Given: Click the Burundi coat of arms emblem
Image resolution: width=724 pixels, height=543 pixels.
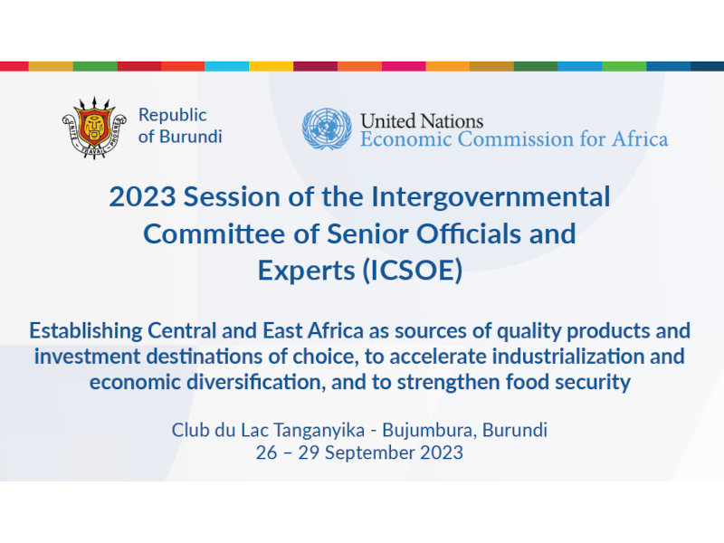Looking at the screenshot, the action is pos(94,128).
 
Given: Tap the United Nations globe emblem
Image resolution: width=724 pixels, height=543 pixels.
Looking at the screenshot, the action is pos(327,129).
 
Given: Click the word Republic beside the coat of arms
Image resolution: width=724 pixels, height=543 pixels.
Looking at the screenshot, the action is pos(172,116).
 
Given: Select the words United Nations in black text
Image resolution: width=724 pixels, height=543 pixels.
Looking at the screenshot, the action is pos(422,121).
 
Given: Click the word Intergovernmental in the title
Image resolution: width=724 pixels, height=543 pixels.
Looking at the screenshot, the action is pos(491,197).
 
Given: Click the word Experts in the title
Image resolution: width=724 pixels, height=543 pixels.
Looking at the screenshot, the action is pos(306,271).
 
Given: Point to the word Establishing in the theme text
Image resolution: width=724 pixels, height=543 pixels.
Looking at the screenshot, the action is pos(86,331).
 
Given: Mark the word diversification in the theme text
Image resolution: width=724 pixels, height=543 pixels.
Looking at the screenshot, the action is pos(256,382).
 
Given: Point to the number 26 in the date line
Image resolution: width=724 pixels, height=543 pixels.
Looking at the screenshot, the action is pos(266,453).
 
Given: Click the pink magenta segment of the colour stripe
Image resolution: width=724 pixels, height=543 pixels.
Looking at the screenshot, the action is pos(404,66).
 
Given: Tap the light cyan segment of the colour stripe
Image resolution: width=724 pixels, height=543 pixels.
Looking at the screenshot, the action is pos(227,66).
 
